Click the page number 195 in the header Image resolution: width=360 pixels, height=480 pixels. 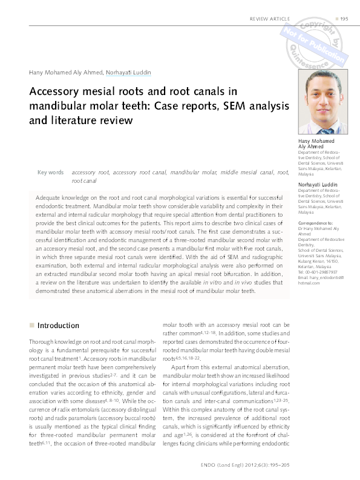coord(344,19)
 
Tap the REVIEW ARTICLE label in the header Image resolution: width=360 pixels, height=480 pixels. coord(270,19)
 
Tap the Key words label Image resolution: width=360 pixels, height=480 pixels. coord(50,173)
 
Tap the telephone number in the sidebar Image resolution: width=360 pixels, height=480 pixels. coord(321,272)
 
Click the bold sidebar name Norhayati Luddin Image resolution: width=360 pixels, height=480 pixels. coord(318,184)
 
